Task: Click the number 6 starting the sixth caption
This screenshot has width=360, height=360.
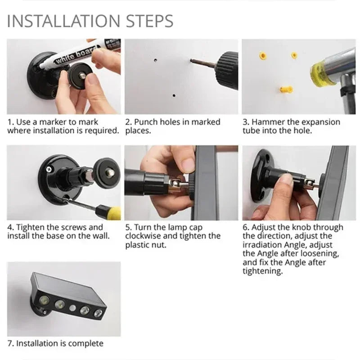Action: click(245, 227)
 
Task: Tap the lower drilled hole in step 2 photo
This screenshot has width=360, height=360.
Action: click(174, 95)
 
